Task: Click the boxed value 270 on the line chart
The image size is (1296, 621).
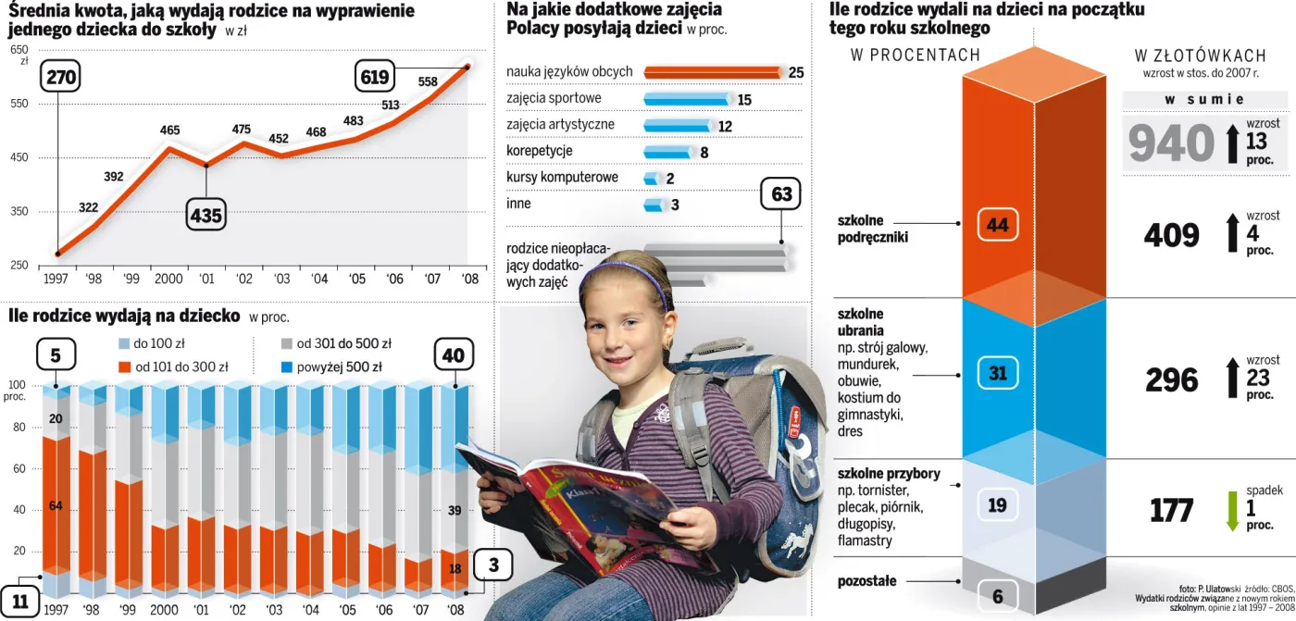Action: point(61,77)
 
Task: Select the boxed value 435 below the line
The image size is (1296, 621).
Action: point(206,216)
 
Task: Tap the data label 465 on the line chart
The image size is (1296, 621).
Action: point(169,130)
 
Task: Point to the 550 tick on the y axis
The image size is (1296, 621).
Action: point(19,105)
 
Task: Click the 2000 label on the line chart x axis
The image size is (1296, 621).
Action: point(168,278)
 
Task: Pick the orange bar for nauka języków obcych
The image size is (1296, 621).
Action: point(713,72)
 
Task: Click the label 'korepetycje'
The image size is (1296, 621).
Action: point(540,150)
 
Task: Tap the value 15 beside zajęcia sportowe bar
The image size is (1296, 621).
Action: point(744,100)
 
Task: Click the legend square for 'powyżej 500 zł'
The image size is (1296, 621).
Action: point(287,366)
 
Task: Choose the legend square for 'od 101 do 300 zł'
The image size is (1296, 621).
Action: point(125,366)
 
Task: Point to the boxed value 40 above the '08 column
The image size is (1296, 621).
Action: point(454,355)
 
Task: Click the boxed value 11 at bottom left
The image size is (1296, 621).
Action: point(20,601)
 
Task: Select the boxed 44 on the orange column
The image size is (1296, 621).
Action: point(998,224)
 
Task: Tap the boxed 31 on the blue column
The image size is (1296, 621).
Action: point(998,373)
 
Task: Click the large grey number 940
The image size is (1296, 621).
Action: point(1171,144)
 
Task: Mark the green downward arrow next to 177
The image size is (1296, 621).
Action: point(1232,511)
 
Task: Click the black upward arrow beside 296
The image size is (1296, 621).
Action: point(1232,379)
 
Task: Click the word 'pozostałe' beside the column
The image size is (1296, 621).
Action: point(866,581)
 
